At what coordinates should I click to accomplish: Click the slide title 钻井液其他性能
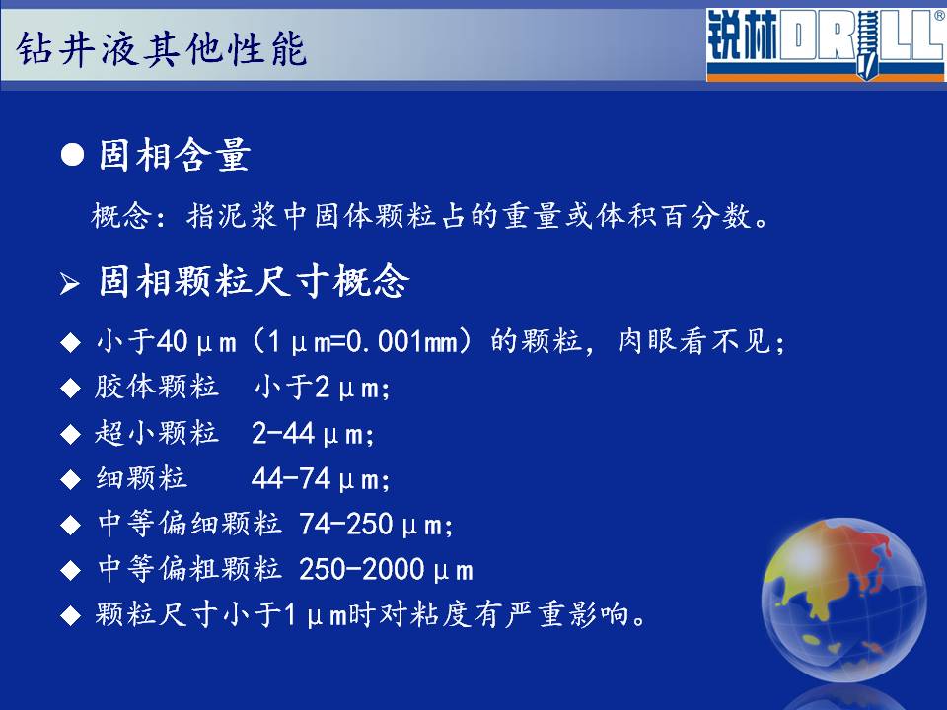point(162,48)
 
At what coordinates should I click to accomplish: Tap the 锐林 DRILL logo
point(826,44)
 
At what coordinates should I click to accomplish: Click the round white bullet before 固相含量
point(72,155)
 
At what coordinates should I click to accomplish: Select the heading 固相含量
point(175,155)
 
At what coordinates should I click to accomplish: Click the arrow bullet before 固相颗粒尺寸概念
point(70,283)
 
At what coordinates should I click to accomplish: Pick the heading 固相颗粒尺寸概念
point(255,281)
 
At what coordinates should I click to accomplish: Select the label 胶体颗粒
point(157,387)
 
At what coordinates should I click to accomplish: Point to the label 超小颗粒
point(157,433)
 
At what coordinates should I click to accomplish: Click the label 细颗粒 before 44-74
point(141,479)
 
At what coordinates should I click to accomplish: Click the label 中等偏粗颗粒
point(189,569)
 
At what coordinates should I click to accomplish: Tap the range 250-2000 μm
point(386,569)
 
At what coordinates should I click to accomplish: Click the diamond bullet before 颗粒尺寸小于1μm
point(71,615)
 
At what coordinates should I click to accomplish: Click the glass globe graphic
point(843,601)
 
